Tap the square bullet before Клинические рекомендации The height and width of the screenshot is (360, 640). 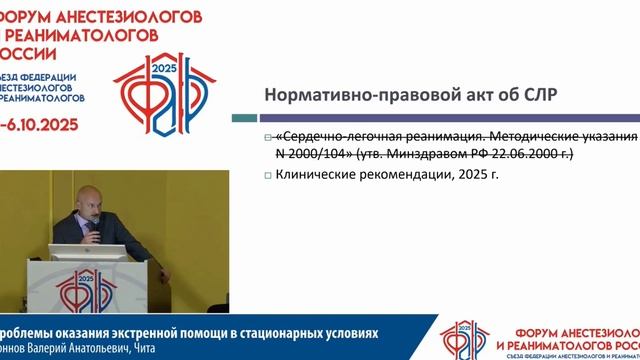pyautogui.click(x=268, y=176)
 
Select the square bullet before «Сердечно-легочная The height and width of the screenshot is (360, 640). pyautogui.click(x=268, y=137)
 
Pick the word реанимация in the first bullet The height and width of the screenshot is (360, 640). pyautogui.click(x=455, y=136)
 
